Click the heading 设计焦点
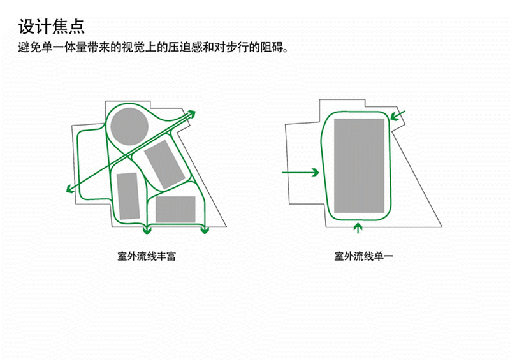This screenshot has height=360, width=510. pos(52,27)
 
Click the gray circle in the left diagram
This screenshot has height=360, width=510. pos(129,127)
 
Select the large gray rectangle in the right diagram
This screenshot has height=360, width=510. pos(359,166)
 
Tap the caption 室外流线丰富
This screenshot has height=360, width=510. pos(147,256)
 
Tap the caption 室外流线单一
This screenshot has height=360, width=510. pos(363,256)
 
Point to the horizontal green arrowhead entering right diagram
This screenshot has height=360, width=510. pos(315,173)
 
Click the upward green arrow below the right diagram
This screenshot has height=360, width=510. pos(358,228)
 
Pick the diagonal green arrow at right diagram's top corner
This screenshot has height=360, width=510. pos(397,116)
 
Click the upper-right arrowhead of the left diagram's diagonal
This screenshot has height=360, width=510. pos(191,114)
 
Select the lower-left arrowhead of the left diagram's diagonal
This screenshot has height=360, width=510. pos(71,189)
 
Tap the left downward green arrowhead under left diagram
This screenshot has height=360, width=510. pos(147,231)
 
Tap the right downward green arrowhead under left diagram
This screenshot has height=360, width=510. pos(205,230)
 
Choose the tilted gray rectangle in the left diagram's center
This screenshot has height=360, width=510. pos(164,164)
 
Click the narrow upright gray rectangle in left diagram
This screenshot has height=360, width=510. pos(129,196)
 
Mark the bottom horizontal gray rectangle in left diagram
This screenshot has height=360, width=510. pos(175,209)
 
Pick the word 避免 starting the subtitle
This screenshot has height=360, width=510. pos(29,48)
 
